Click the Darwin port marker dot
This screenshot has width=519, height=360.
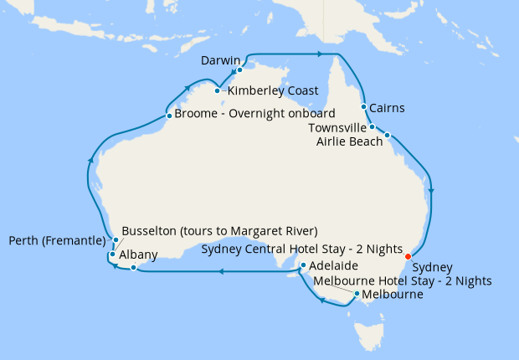pyautogui.click(x=239, y=70)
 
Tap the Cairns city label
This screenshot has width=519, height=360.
pyautogui.click(x=388, y=108)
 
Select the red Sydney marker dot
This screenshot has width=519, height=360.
pyautogui.click(x=408, y=256)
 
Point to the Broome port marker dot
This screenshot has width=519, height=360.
pyautogui.click(x=169, y=116)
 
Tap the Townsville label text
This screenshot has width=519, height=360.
pyautogui.click(x=337, y=128)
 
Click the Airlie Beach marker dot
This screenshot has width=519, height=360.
pyautogui.click(x=388, y=135)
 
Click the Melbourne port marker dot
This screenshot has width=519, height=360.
pyautogui.click(x=357, y=294)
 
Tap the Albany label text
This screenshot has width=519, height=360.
pyautogui.click(x=138, y=254)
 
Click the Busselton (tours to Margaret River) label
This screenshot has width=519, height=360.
pyautogui.click(x=220, y=230)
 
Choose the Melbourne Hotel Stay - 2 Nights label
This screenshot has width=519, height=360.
pyautogui.click(x=402, y=280)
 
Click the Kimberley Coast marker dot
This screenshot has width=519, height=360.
pyautogui.click(x=217, y=90)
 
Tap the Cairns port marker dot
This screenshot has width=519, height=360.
pyautogui.click(x=363, y=107)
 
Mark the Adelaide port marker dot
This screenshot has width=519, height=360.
pyautogui.click(x=303, y=266)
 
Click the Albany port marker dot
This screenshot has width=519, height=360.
pyautogui.click(x=132, y=268)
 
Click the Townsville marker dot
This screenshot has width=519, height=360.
pyautogui.click(x=372, y=127)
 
